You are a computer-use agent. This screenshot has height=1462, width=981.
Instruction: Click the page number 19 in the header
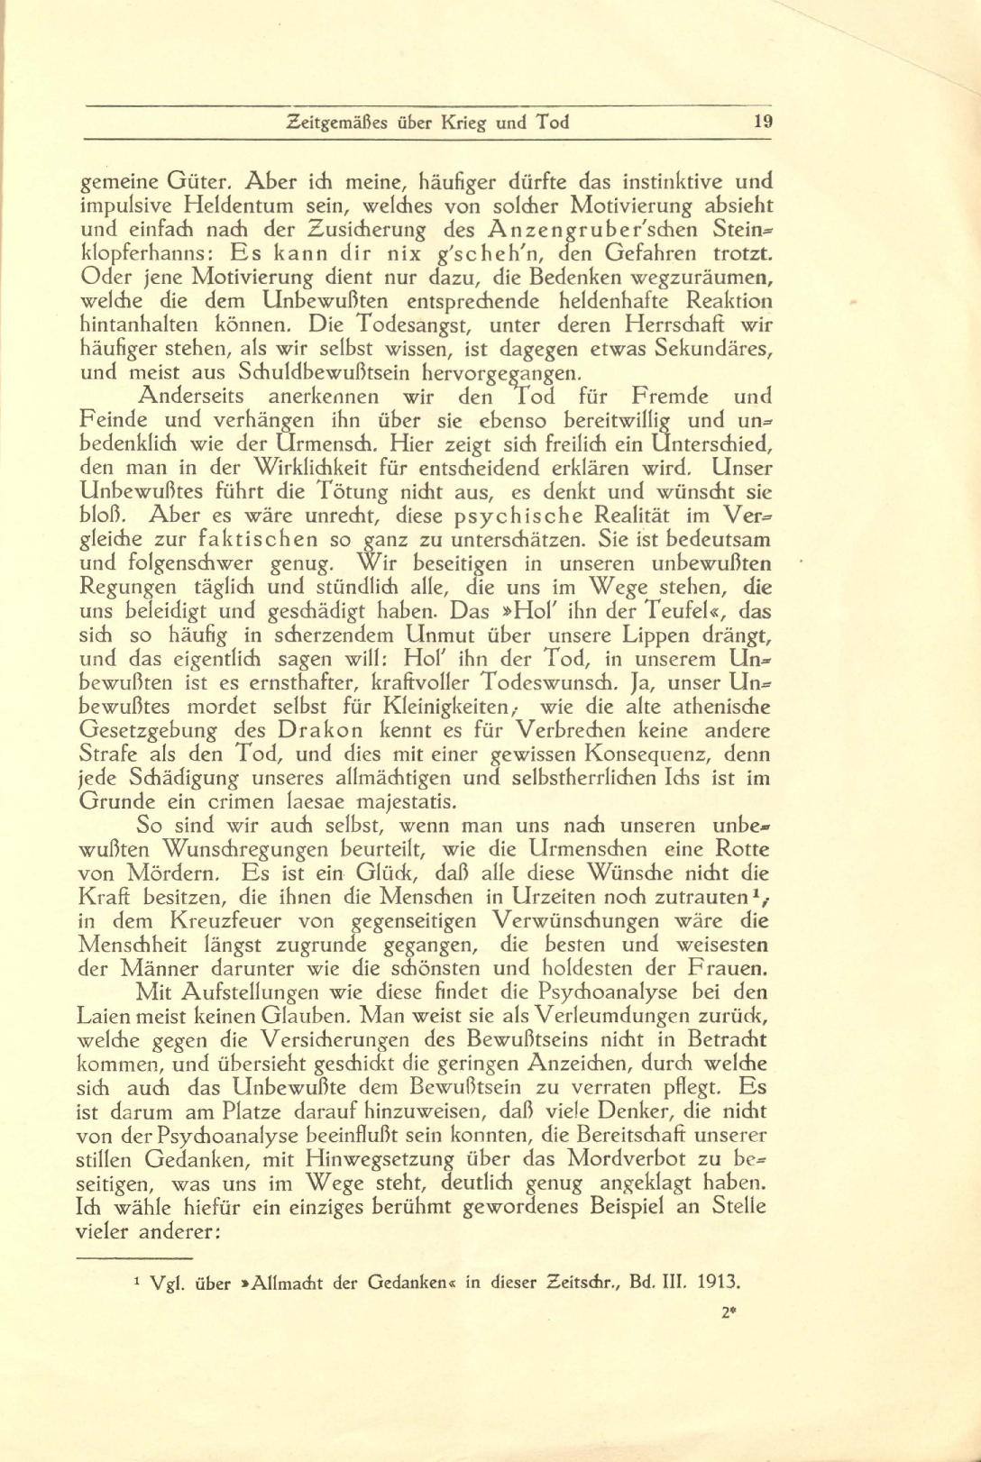click(763, 122)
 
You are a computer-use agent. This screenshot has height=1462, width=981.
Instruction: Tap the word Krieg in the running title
click(464, 122)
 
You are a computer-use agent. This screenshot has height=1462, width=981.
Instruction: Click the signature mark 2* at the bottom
click(730, 1313)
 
